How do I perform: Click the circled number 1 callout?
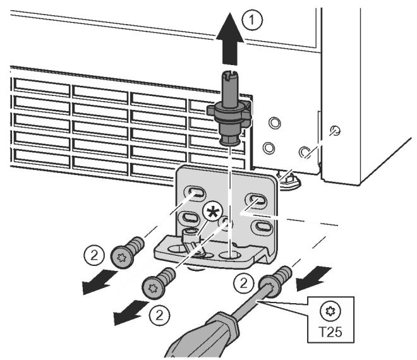point(252,21)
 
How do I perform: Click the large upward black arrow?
point(230,39)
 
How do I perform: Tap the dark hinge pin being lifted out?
point(229,109)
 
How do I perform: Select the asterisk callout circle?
point(212,212)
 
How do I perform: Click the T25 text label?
point(330,332)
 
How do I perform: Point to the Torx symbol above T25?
point(330,311)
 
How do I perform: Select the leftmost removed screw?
point(127,252)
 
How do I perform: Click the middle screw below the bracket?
point(159,283)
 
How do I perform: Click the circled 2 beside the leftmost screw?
point(94,256)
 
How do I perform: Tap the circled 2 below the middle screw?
point(159,316)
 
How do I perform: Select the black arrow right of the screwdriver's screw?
point(314,279)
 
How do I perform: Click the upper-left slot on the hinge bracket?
point(194,193)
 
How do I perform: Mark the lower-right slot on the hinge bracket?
point(262,227)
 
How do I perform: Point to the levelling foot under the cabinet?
point(289,180)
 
